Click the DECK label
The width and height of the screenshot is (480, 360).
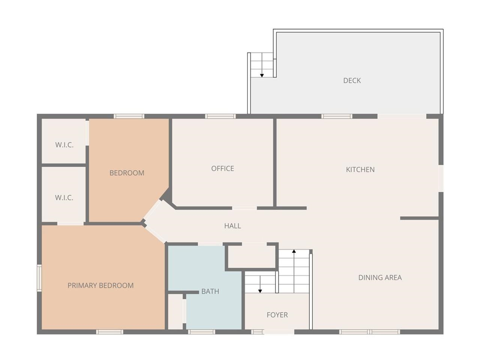click(x=352, y=80)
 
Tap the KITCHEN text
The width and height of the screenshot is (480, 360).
click(x=360, y=169)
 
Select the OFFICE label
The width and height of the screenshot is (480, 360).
click(x=222, y=168)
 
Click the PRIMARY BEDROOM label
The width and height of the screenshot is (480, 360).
click(x=100, y=285)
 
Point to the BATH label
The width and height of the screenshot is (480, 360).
click(x=210, y=291)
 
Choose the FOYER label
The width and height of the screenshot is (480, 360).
click(x=277, y=315)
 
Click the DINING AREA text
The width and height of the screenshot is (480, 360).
click(x=380, y=277)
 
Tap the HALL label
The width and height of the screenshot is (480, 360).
click(x=232, y=226)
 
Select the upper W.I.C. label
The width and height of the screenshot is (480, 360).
click(x=64, y=145)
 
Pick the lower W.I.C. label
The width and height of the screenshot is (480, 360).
click(x=64, y=198)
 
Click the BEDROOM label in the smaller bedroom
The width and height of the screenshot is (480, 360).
click(x=127, y=173)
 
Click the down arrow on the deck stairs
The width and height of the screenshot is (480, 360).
click(x=262, y=75)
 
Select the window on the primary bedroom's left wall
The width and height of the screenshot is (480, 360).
click(x=39, y=278)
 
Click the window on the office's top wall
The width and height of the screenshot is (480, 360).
click(x=220, y=116)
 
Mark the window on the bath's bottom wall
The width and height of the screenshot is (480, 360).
click(x=201, y=332)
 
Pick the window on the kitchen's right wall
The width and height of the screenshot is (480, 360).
click(x=441, y=178)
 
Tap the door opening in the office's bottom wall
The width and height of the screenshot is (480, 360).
click(x=244, y=208)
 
